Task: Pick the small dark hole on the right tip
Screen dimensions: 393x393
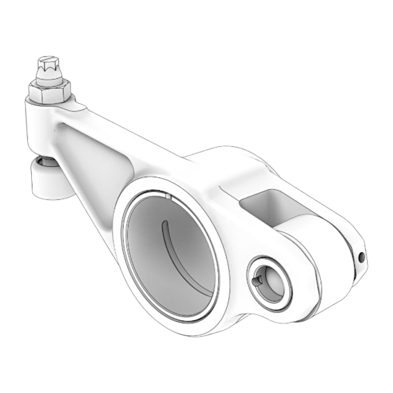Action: pos(361,256)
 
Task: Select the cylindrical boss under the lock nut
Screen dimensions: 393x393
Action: pos(41,125)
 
